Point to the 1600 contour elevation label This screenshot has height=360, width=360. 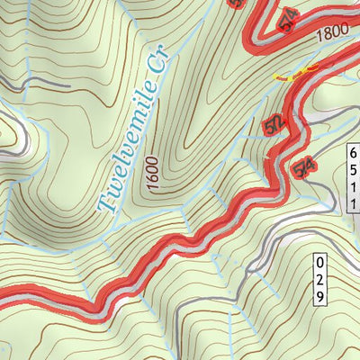point(148,173)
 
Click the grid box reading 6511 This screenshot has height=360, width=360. point(353,176)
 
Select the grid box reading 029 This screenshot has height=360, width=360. point(319,279)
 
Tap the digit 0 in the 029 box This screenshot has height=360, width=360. point(319,263)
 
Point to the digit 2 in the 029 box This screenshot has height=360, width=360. point(319,279)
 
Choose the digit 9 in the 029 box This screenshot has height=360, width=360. point(319,295)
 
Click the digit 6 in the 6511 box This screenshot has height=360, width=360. point(353,152)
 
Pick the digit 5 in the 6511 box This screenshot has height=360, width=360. point(353,168)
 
